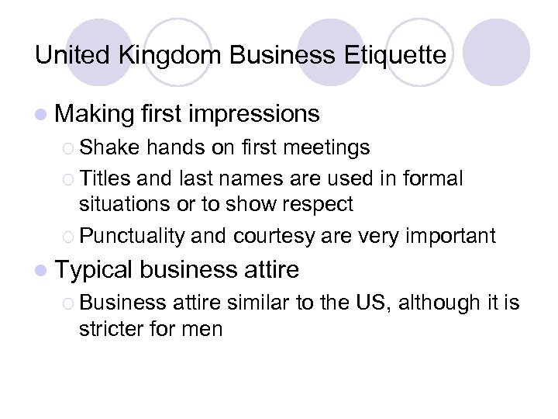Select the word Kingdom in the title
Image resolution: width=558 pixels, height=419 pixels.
pos(160,56)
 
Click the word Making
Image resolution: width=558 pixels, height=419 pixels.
pos(95,115)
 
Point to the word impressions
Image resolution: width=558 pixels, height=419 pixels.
pos(253,115)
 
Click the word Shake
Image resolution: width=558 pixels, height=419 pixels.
pos(104,147)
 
